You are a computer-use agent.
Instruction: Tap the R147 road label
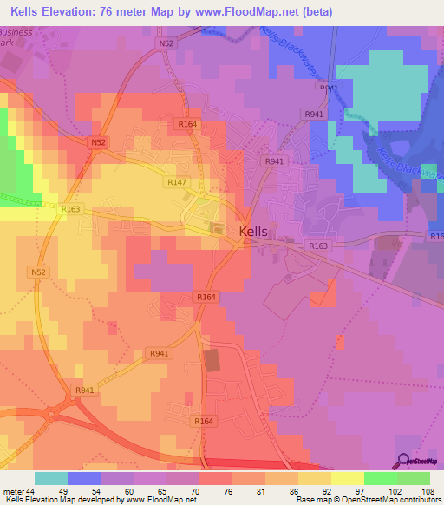point(175,182)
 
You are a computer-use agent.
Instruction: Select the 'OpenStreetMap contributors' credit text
point(395,499)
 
